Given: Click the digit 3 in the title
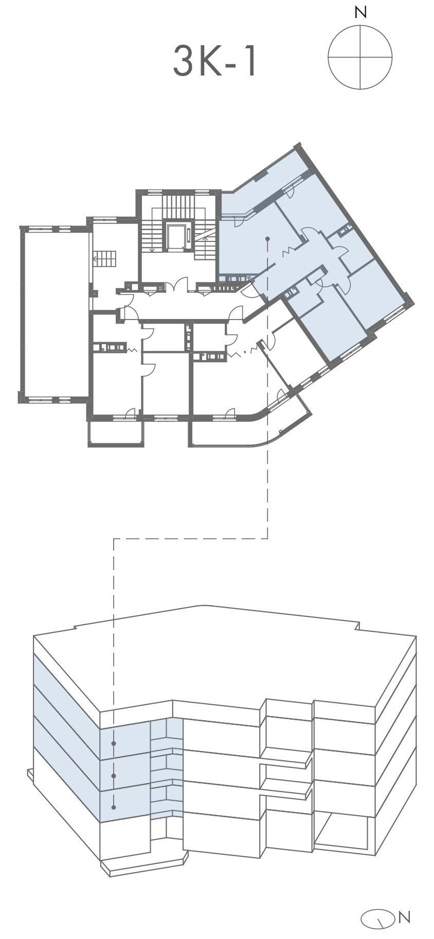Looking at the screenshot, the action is (x=182, y=61).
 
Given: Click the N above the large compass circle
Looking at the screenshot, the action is (x=360, y=13).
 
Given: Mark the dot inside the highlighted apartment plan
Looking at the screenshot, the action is (x=267, y=239).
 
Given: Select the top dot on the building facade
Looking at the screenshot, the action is (x=114, y=743).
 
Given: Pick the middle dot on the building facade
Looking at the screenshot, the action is (x=114, y=776).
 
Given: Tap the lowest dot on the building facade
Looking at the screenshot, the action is (x=114, y=807).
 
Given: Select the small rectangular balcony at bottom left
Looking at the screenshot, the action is (x=116, y=433).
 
